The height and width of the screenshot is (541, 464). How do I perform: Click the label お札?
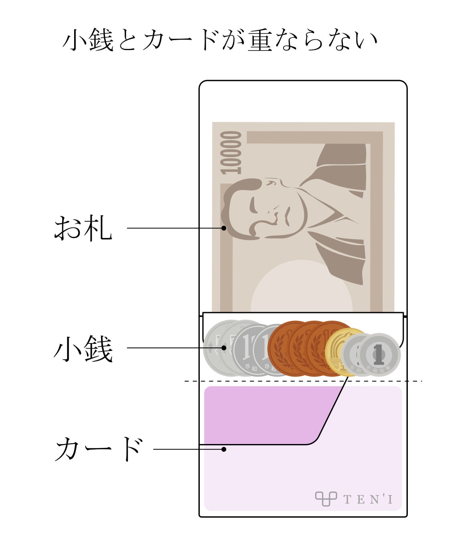click(x=83, y=228)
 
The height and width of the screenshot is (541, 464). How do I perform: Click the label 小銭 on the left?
click(x=83, y=349)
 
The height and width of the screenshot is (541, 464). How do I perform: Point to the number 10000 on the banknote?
click(x=232, y=153)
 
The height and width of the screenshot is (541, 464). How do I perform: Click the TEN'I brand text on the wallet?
click(x=368, y=499)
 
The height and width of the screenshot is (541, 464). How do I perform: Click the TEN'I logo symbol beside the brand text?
click(x=325, y=499)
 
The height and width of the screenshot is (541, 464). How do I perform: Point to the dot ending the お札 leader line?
click(x=224, y=228)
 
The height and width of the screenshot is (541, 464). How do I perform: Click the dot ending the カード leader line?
click(x=224, y=449)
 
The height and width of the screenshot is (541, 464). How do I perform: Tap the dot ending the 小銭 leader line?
click(x=224, y=347)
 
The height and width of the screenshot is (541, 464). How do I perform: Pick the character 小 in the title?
click(x=76, y=40)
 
